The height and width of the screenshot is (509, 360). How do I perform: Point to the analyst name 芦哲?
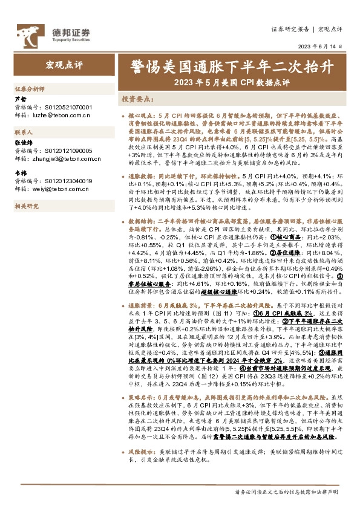click(x=21, y=99)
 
